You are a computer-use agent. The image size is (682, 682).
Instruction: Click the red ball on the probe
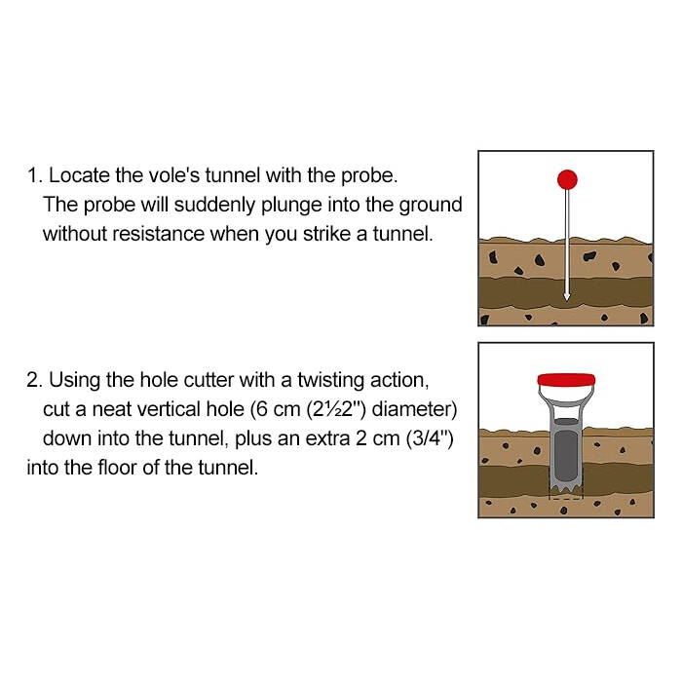pos(567,179)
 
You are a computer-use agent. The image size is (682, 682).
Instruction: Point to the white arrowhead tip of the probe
pos(566,300)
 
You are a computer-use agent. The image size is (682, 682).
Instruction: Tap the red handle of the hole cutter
pos(566,380)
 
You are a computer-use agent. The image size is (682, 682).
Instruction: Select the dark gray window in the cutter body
pos(566,456)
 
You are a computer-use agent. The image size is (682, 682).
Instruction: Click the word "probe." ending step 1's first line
pos(369,175)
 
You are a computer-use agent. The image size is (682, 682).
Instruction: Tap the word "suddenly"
pos(214,205)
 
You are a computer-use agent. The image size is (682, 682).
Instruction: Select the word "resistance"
pos(158,234)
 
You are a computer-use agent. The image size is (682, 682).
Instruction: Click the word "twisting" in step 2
pos(330,381)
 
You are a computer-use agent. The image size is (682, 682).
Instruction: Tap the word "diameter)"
pos(414,409)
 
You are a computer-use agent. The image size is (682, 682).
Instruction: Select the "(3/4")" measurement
pos(430,438)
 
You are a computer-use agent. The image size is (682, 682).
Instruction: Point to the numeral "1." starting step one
pos(35,175)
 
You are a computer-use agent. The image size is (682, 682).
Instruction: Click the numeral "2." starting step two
pos(34,381)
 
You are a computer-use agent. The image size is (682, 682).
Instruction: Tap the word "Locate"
pos(79,175)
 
